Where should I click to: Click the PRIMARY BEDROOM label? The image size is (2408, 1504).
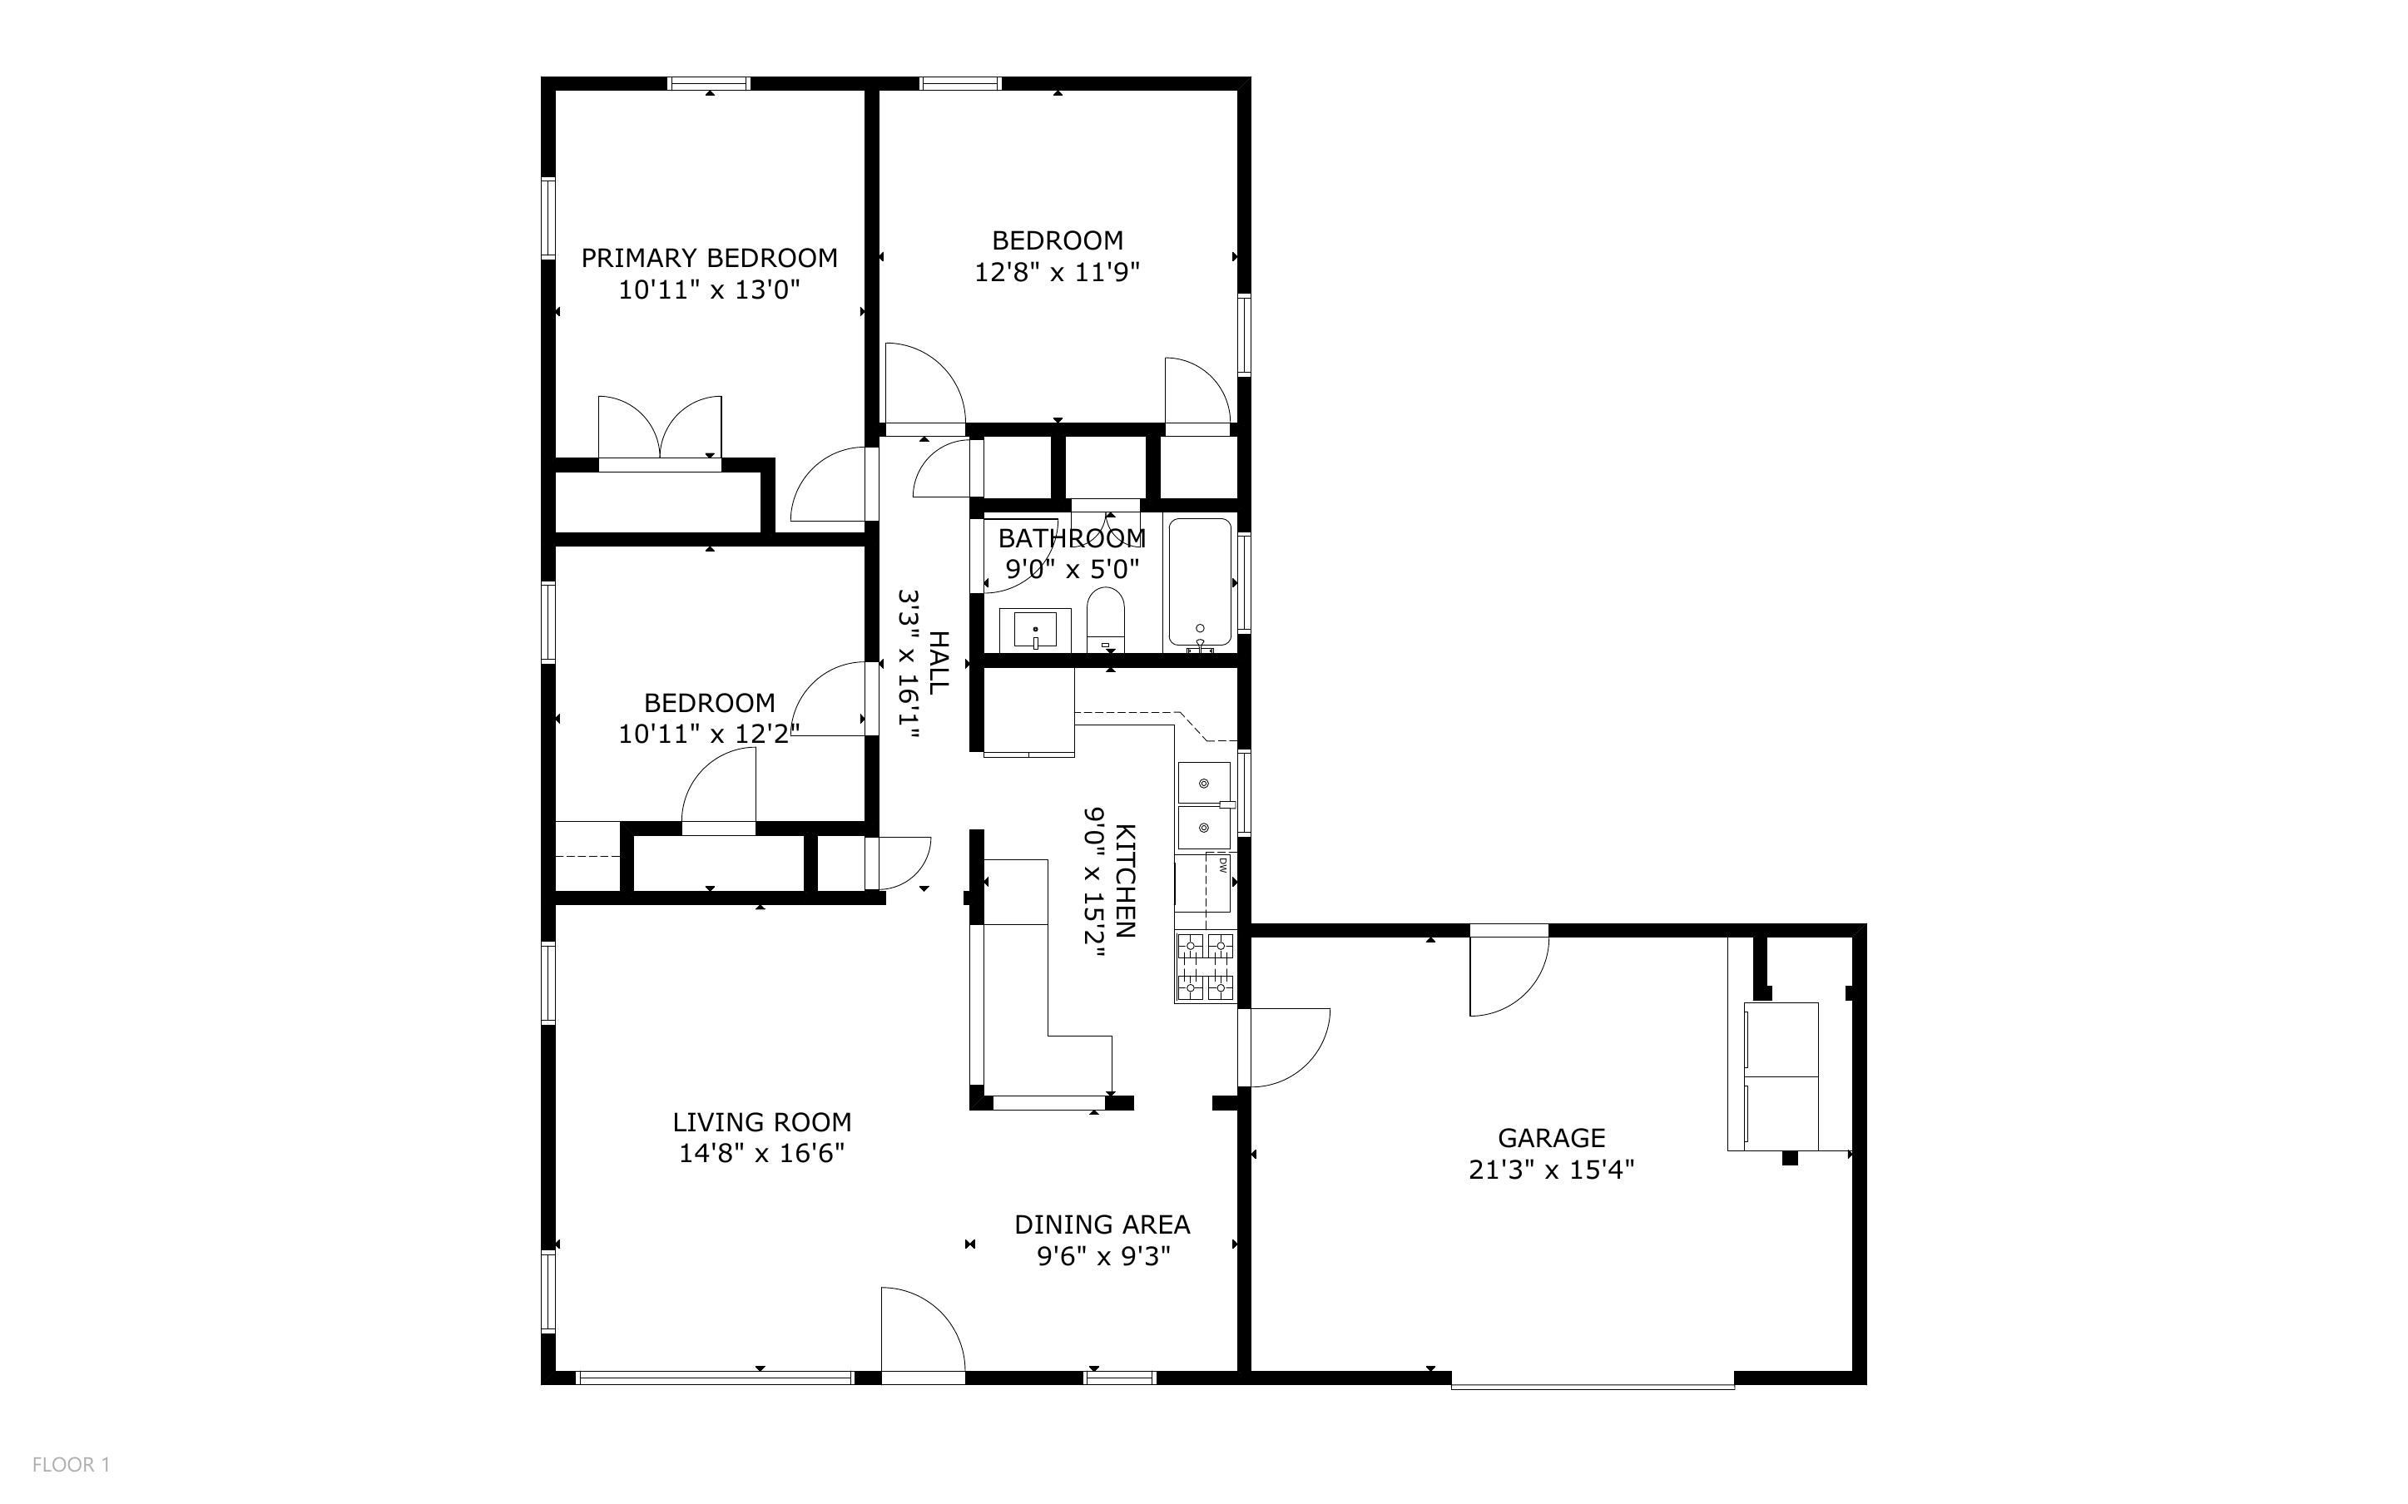click(x=709, y=259)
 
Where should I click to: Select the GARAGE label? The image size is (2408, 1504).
click(x=1552, y=1138)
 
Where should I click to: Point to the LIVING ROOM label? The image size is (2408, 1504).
click(x=762, y=1122)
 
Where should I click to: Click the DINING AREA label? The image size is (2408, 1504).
click(x=1102, y=1224)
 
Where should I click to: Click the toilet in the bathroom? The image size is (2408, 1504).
click(x=1105, y=619)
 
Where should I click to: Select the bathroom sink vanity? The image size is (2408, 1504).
click(x=1034, y=630)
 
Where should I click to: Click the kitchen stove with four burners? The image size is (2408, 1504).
click(x=1206, y=967)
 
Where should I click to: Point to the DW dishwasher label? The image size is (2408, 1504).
click(x=1223, y=865)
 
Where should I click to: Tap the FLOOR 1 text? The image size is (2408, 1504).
click(x=71, y=1464)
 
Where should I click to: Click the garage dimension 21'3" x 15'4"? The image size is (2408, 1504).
click(x=1552, y=1170)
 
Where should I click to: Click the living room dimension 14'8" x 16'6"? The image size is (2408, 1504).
click(x=762, y=1154)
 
